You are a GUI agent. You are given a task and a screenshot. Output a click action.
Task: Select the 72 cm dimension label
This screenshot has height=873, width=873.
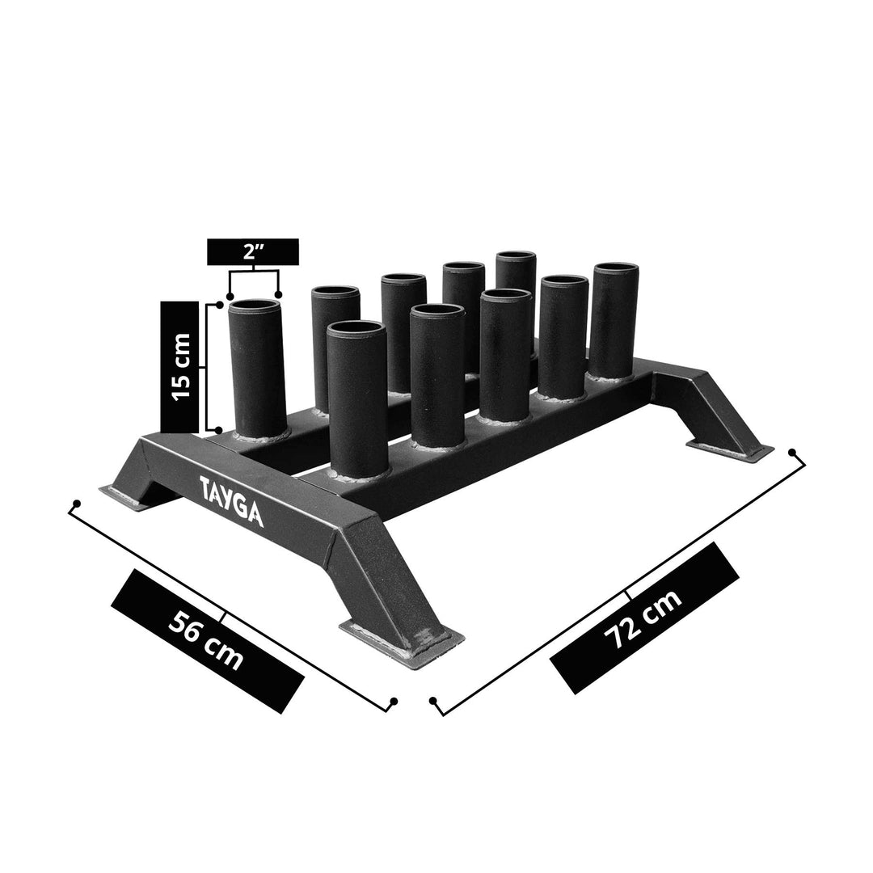[645, 618]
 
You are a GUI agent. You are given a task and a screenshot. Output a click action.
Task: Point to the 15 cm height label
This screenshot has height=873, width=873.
[180, 366]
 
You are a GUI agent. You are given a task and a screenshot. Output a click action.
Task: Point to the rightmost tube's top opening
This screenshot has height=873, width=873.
[616, 269]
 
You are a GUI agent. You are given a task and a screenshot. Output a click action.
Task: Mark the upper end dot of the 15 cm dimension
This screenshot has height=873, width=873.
[220, 305]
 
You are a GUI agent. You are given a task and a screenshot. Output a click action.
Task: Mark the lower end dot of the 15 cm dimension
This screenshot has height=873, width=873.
[220, 429]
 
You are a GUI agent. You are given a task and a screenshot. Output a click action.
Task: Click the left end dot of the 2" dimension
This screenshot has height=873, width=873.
[230, 294]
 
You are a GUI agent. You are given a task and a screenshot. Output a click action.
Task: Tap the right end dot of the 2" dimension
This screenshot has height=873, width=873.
[279, 294]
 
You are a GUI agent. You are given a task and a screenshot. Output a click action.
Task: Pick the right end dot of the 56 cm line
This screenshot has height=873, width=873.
[394, 701]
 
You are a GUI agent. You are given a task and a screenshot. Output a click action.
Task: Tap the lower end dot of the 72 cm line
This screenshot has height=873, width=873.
[434, 700]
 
